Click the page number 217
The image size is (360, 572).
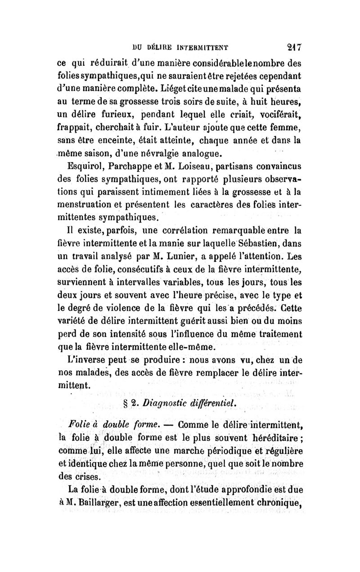[x=294, y=46]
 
